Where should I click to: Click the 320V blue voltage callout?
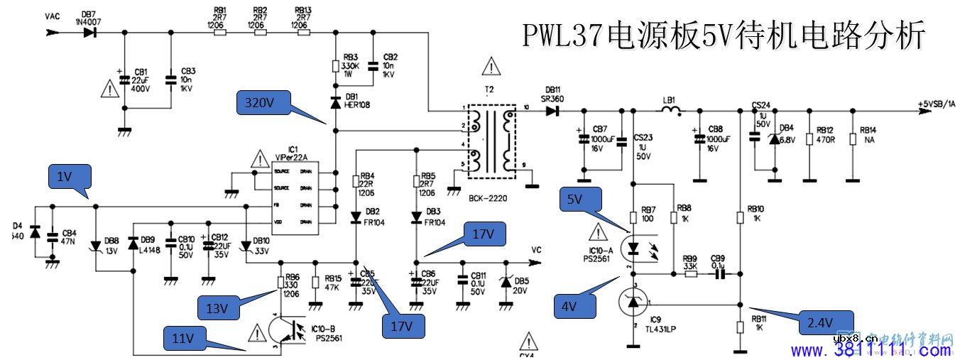click(x=261, y=104)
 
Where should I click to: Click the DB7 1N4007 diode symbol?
click(x=89, y=33)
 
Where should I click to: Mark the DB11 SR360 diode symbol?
click(x=557, y=110)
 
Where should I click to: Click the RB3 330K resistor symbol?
click(x=336, y=66)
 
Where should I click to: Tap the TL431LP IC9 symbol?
click(x=631, y=303)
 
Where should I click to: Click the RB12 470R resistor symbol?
click(x=809, y=138)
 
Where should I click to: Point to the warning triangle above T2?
click(x=491, y=66)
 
